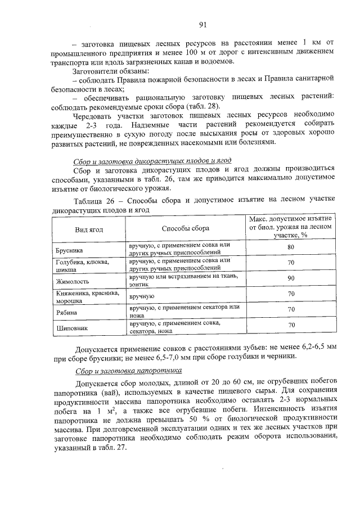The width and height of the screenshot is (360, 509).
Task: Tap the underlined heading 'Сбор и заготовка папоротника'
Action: click(x=129, y=371)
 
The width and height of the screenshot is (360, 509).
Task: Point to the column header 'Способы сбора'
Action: click(x=185, y=229)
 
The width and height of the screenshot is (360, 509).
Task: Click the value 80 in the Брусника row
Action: click(x=291, y=247)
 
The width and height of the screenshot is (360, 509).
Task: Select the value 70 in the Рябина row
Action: click(x=291, y=309)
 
